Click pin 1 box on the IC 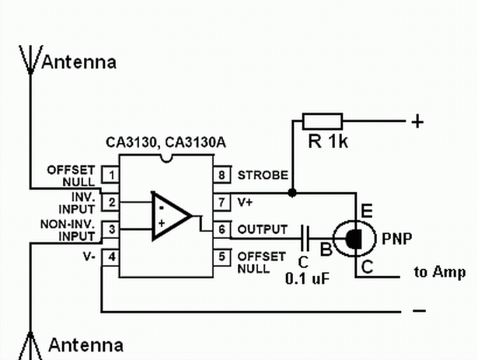pyautogui.click(x=110, y=175)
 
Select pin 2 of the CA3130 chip pyautogui.click(x=110, y=202)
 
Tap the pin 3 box pyautogui.click(x=110, y=229)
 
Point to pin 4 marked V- pyautogui.click(x=110, y=257)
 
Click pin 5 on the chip pyautogui.click(x=222, y=257)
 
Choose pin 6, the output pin pyautogui.click(x=222, y=229)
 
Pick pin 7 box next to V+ pyautogui.click(x=222, y=202)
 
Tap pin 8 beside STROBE pyautogui.click(x=222, y=175)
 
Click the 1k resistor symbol pyautogui.click(x=323, y=121)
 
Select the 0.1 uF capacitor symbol pyautogui.click(x=305, y=238)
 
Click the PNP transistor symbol pyautogui.click(x=354, y=239)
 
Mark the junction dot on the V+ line pyautogui.click(x=292, y=193)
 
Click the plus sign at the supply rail pyautogui.click(x=417, y=121)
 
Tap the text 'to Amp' pyautogui.click(x=440, y=272)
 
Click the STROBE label pyautogui.click(x=263, y=175)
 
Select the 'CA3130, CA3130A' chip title pyautogui.click(x=166, y=142)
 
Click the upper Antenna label pyautogui.click(x=79, y=62)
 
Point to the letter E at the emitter pyautogui.click(x=366, y=211)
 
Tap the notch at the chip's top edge pyautogui.click(x=166, y=159)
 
